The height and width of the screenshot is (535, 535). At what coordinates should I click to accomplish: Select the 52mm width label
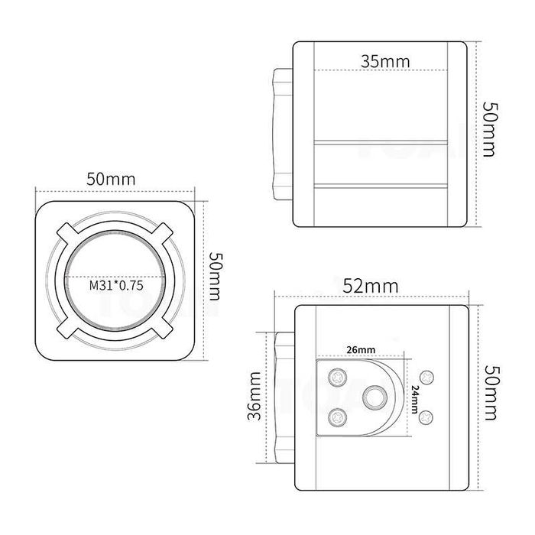pos(370,286)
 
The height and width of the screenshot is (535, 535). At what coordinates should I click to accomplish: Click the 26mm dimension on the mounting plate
pos(360,349)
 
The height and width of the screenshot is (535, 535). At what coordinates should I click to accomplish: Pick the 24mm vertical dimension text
pos(413,398)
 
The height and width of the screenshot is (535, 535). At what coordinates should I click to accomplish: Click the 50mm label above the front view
pos(111,179)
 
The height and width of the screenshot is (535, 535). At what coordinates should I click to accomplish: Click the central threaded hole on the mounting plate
pos(374,397)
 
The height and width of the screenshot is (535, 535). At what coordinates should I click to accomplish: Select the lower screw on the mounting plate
pos(337,417)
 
